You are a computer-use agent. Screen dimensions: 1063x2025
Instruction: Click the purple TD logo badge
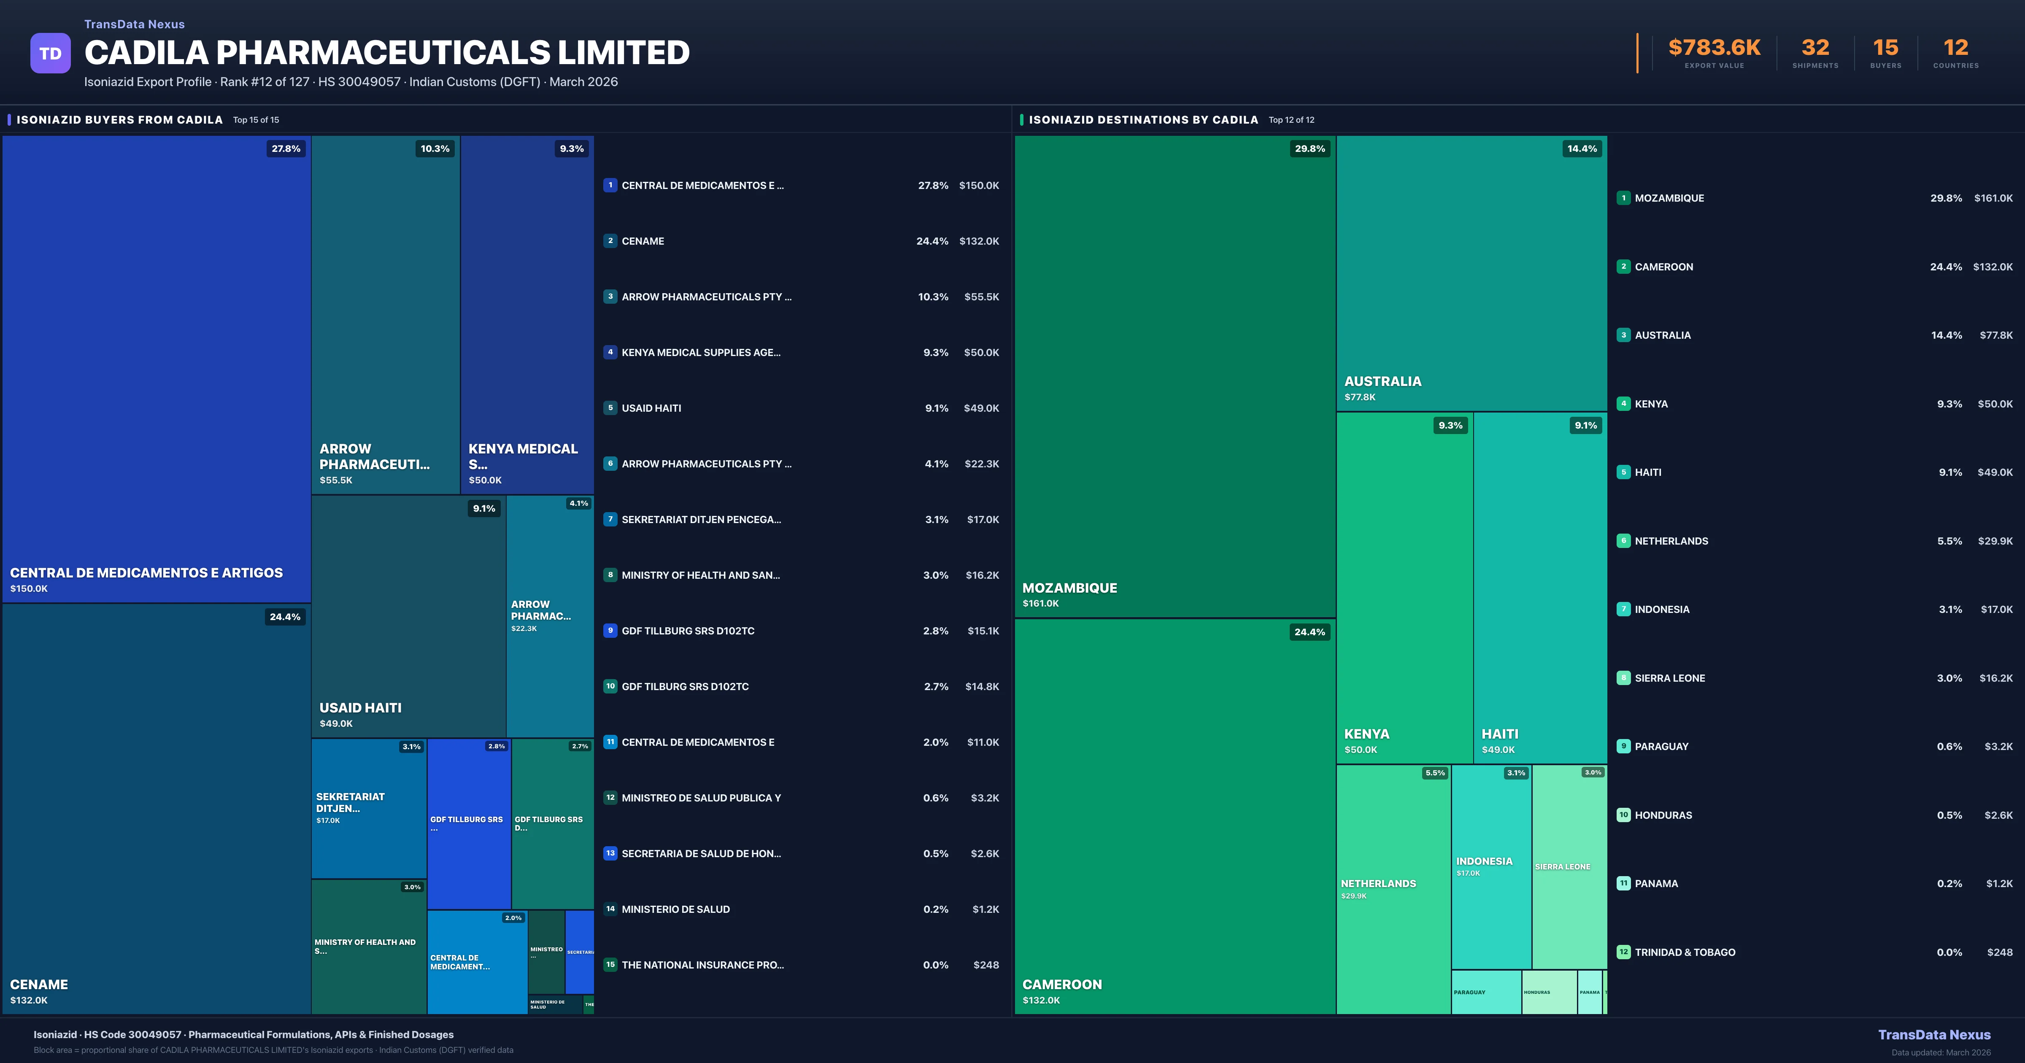(x=50, y=54)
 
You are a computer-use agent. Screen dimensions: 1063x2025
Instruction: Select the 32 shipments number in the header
(x=1815, y=48)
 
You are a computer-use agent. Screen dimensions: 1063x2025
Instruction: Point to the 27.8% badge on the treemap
(x=286, y=148)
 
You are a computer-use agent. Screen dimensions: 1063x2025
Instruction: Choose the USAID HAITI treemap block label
(x=360, y=708)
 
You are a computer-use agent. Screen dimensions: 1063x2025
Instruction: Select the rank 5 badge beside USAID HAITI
(x=610, y=408)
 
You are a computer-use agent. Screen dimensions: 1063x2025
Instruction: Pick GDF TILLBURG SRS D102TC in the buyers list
(x=688, y=631)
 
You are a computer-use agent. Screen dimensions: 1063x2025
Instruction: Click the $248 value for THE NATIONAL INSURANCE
(x=986, y=965)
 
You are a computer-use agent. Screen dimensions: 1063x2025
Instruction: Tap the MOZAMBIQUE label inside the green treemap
(x=1069, y=588)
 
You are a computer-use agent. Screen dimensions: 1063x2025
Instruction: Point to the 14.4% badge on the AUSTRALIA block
(x=1582, y=148)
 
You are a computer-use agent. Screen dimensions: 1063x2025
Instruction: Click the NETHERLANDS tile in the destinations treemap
(x=1378, y=884)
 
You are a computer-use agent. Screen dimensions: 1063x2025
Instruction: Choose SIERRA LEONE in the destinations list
(x=1670, y=678)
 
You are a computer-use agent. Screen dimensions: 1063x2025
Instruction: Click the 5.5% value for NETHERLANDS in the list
(x=1949, y=541)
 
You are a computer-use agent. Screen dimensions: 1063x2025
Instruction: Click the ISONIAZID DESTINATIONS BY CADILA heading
(x=1143, y=119)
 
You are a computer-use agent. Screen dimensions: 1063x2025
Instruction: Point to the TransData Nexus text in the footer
(x=1934, y=1035)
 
